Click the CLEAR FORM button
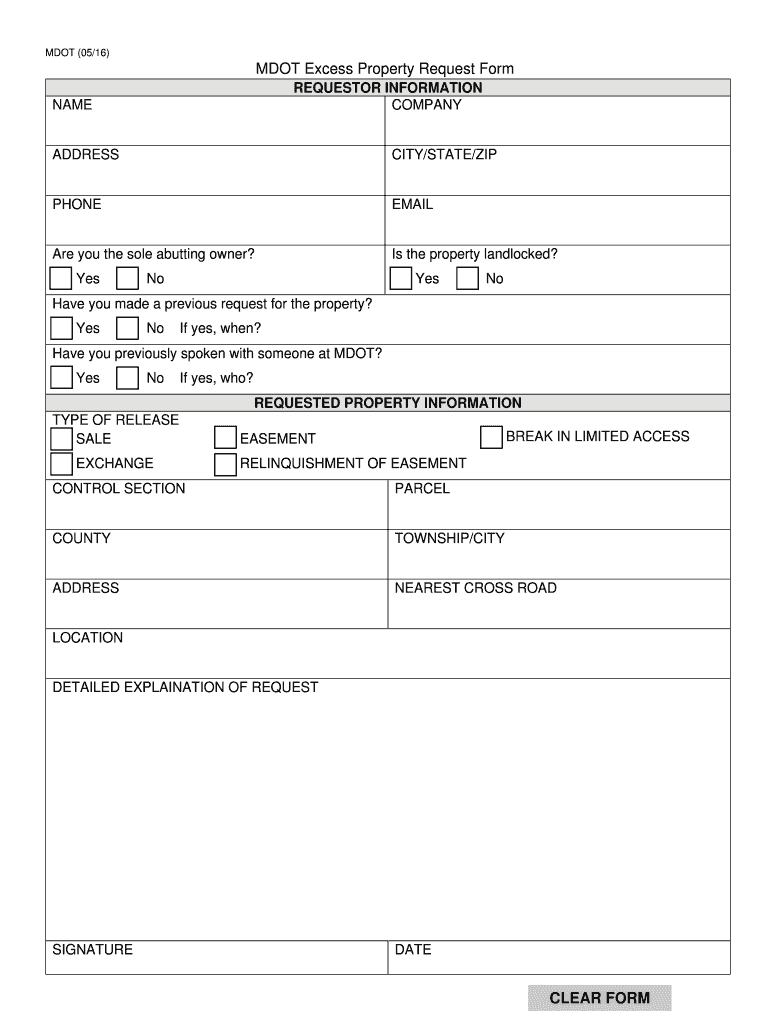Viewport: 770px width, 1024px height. tap(600, 997)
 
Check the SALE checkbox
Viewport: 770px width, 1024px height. tap(61, 438)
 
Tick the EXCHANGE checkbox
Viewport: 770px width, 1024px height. tap(61, 463)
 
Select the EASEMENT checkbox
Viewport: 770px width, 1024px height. tap(225, 438)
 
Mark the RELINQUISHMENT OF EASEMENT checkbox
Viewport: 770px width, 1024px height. tap(225, 463)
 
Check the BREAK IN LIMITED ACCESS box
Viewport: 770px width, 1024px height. tap(491, 437)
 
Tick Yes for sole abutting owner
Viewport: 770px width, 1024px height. tap(61, 278)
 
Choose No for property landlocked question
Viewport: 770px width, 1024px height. tap(467, 278)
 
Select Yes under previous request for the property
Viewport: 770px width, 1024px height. tap(61, 328)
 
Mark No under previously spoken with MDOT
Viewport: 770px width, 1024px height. tap(127, 378)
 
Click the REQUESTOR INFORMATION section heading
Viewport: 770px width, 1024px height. tap(387, 88)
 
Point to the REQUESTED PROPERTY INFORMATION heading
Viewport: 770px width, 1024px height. tap(387, 403)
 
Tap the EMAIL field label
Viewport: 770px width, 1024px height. tap(412, 204)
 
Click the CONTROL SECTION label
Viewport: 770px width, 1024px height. tap(118, 488)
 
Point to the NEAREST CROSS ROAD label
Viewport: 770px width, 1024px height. tap(475, 588)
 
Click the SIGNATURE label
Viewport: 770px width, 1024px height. tap(92, 949)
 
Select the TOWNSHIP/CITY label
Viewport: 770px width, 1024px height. tap(449, 538)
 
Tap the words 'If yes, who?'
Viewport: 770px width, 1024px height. tap(216, 378)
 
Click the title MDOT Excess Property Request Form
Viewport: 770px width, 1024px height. tap(385, 69)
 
